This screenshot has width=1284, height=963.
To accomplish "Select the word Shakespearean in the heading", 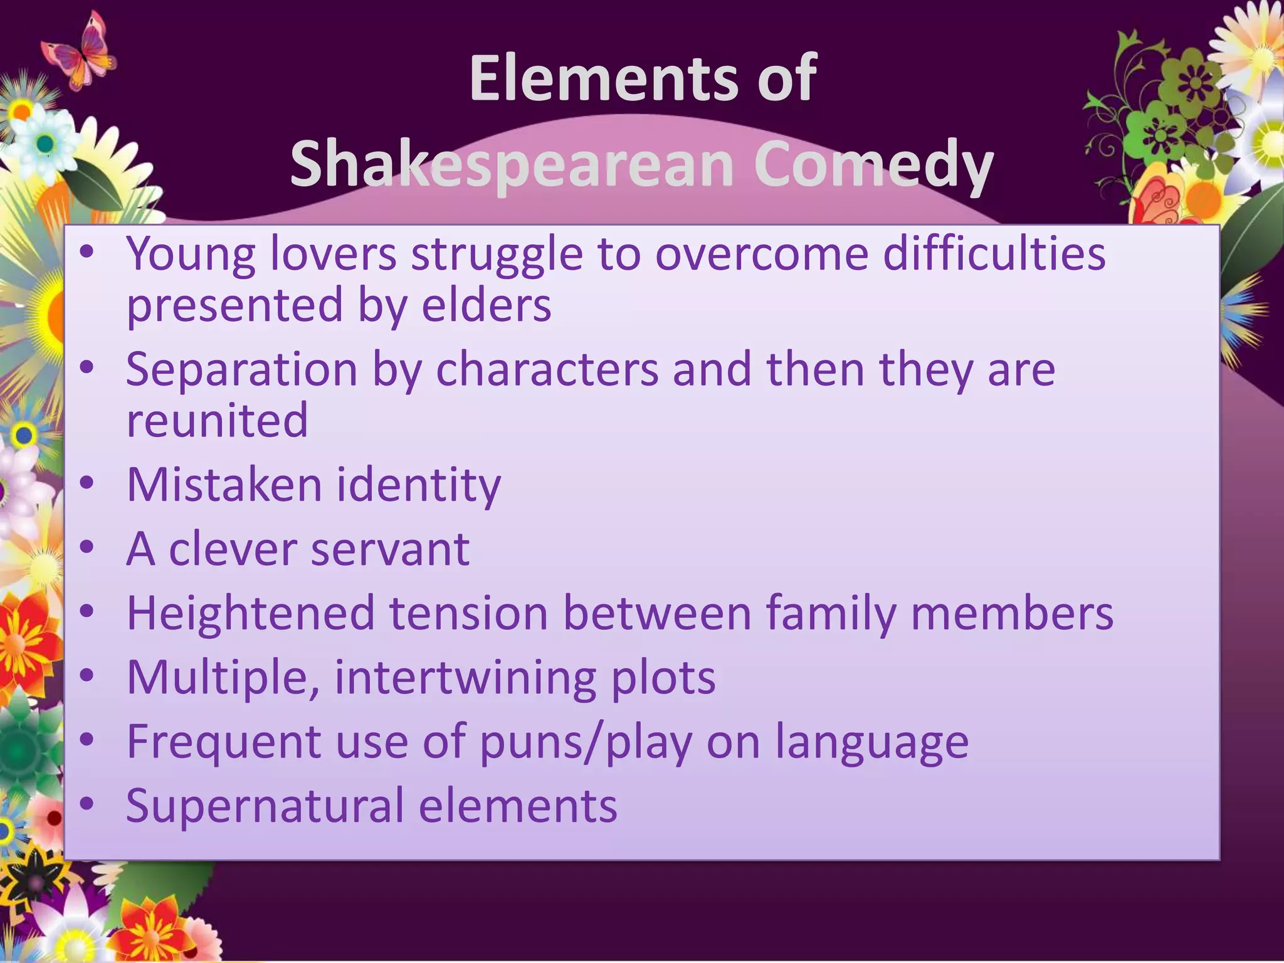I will pyautogui.click(x=512, y=164).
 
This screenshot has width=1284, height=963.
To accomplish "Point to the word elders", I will pyautogui.click(x=486, y=305).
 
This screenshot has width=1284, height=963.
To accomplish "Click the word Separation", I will pyautogui.click(x=241, y=370).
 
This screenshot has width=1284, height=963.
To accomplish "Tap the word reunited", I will pyautogui.click(x=217, y=421).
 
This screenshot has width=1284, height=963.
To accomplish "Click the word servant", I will pyautogui.click(x=389, y=549).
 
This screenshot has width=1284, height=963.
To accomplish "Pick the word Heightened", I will pyautogui.click(x=250, y=613).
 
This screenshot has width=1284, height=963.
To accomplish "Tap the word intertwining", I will pyautogui.click(x=465, y=678).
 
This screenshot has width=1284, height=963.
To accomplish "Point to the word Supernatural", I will pyautogui.click(x=265, y=806).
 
